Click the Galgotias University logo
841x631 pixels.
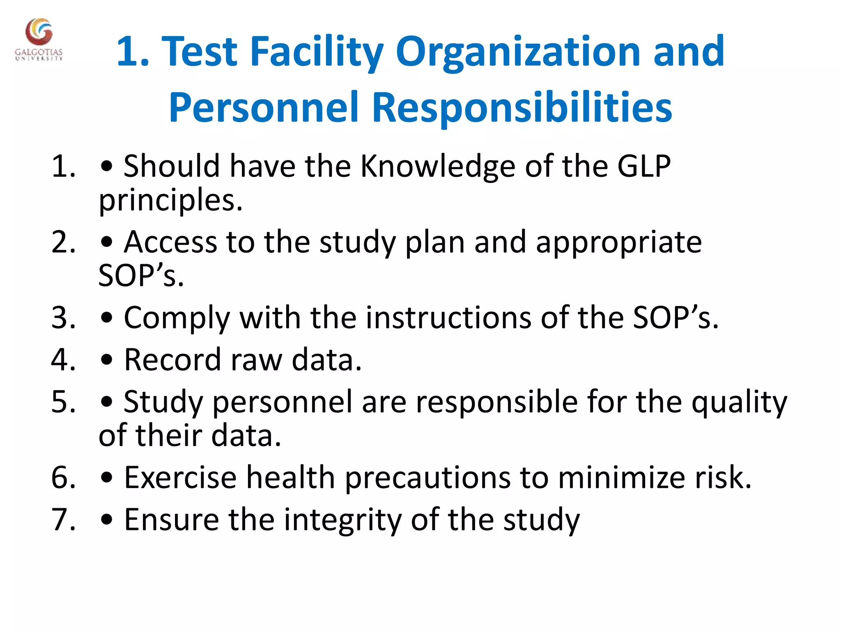coord(39,39)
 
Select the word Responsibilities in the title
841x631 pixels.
coord(522,108)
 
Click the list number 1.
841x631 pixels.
coord(64,166)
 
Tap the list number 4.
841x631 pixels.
coord(64,360)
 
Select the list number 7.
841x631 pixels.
coord(64,520)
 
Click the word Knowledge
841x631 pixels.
coord(437,166)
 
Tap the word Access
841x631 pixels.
coord(170,242)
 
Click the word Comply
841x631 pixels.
coord(177,319)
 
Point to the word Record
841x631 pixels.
coord(172,360)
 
